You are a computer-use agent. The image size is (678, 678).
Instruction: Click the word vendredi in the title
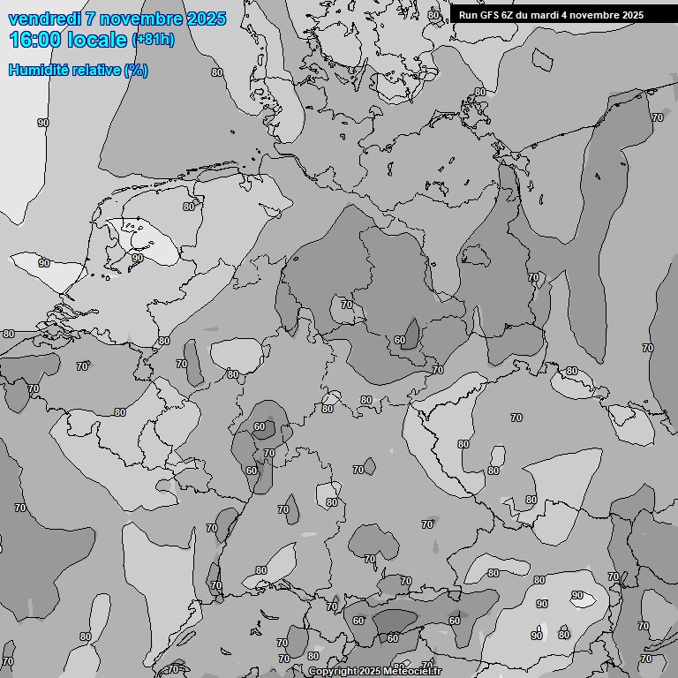pyautogui.click(x=44, y=19)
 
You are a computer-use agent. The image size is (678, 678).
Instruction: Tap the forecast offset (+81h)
pyautogui.click(x=152, y=40)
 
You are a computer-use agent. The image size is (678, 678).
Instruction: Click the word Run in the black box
pyautogui.click(x=468, y=15)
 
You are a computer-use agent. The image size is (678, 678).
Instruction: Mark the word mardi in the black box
pyautogui.click(x=548, y=15)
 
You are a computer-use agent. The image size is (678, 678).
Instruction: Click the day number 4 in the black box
pyautogui.click(x=568, y=15)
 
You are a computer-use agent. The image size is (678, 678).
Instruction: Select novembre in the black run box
pyautogui.click(x=595, y=15)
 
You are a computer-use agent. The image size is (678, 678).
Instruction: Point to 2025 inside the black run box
pyautogui.click(x=632, y=15)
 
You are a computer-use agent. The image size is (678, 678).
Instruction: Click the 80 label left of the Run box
pyautogui.click(x=433, y=15)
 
